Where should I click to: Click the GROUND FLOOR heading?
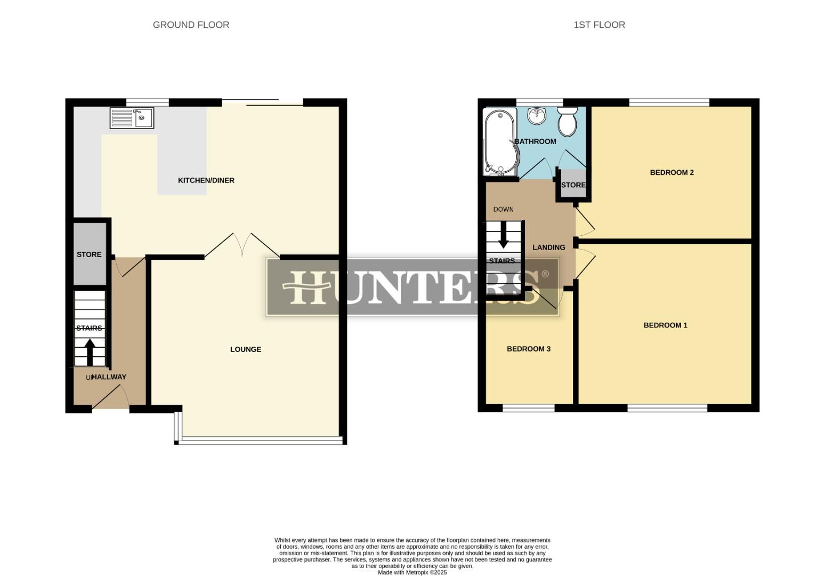[x=191, y=25]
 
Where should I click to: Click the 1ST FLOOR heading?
[x=599, y=25]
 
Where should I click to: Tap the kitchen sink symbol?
[x=132, y=118]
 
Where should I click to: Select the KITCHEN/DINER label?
[x=206, y=180]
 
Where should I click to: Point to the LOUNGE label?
[x=246, y=349]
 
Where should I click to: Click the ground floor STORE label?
[x=89, y=254]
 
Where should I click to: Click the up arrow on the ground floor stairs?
[x=90, y=352]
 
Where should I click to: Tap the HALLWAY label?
[x=109, y=377]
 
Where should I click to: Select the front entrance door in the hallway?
[x=110, y=398]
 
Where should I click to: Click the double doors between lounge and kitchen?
[x=242, y=246]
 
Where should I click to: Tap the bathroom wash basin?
[x=537, y=115]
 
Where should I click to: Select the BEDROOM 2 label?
[x=672, y=172]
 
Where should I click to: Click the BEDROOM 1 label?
[x=665, y=325]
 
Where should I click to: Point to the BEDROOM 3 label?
[x=528, y=349]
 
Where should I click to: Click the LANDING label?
[x=548, y=247]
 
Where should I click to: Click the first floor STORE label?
[x=573, y=185]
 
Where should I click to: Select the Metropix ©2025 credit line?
[x=412, y=572]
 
